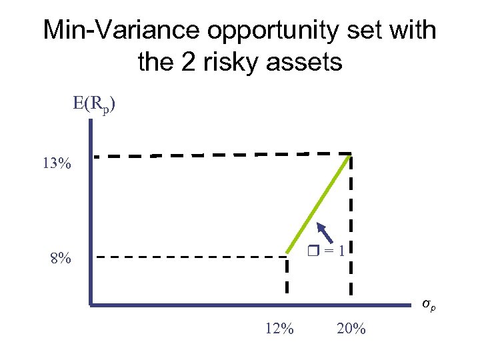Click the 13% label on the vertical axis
pyautogui.click(x=57, y=164)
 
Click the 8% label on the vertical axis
pyautogui.click(x=61, y=258)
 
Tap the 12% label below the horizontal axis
pyautogui.click(x=279, y=329)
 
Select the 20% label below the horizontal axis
pyautogui.click(x=351, y=329)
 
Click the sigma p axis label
pyautogui.click(x=430, y=305)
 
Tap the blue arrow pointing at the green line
pyautogui.click(x=324, y=233)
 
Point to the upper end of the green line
pyautogui.click(x=351, y=155)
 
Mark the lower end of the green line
pyautogui.click(x=288, y=253)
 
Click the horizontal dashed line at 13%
pyautogui.click(x=220, y=155)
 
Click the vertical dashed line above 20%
pyautogui.click(x=351, y=227)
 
